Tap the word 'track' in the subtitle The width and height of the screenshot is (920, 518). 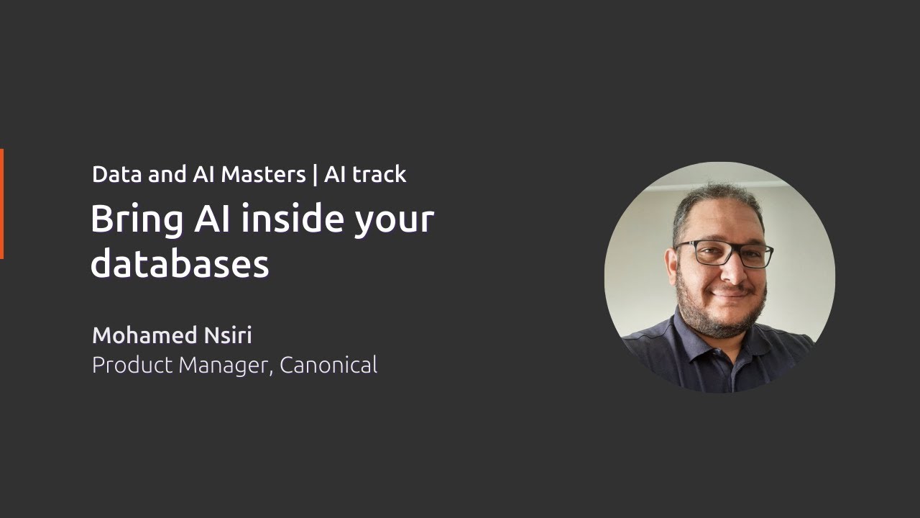[x=378, y=174]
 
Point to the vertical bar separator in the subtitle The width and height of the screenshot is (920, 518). [x=315, y=175]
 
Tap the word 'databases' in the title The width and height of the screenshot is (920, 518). [x=180, y=263]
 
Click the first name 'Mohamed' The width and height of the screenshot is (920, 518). [x=144, y=335]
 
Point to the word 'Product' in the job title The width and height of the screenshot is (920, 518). [x=132, y=365]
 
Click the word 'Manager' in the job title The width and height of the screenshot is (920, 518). [x=226, y=366]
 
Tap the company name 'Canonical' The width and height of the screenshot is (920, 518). [x=328, y=365]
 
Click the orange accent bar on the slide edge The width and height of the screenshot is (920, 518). [x=1, y=204]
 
